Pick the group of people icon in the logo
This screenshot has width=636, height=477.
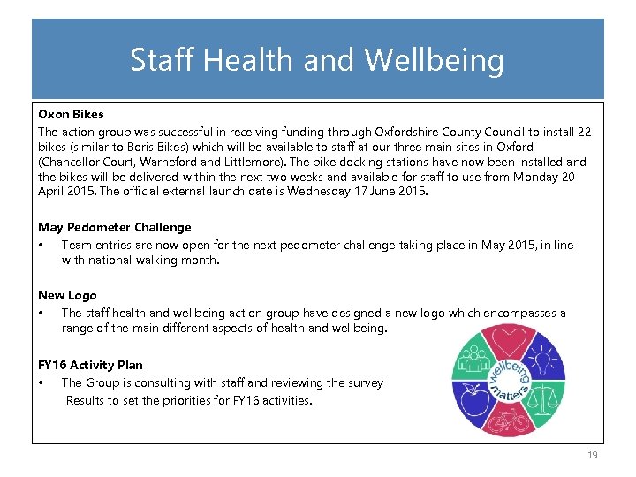[x=473, y=360]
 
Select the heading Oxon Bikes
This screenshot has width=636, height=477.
[x=71, y=114]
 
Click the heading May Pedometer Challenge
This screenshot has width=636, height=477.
[x=114, y=227]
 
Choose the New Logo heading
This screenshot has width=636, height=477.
[x=67, y=295]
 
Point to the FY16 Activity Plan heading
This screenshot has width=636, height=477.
[x=90, y=365]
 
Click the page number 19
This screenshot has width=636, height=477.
[x=592, y=455]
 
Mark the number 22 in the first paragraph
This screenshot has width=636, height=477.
[x=584, y=131]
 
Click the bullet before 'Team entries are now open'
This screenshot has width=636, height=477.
[x=42, y=245]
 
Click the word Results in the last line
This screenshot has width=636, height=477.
[x=86, y=400]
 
